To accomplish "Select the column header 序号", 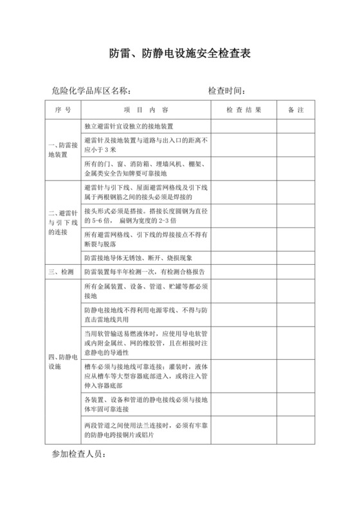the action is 63,110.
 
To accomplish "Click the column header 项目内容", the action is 146,110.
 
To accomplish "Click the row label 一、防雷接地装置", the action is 63,150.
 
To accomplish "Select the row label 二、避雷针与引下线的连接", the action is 63,222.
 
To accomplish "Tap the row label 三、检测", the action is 63,271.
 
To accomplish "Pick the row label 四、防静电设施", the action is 63,362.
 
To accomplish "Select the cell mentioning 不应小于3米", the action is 147,145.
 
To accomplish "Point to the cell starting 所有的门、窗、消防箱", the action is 147,168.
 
